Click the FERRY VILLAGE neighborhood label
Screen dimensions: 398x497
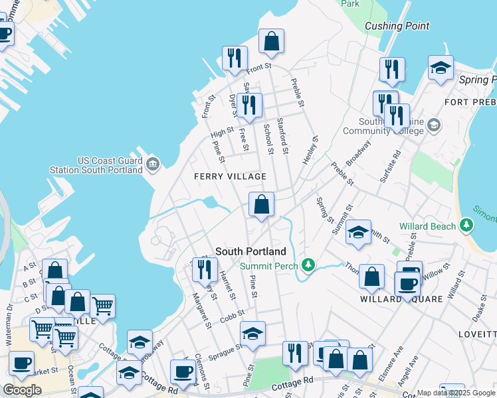(230, 176)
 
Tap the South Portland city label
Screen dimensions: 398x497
(250, 251)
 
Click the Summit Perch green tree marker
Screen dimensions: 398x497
(307, 266)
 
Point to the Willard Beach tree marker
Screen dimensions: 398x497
(467, 226)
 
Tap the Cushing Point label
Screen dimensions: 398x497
(397, 27)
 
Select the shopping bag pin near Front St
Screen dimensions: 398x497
(271, 41)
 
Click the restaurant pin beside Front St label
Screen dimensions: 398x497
(234, 58)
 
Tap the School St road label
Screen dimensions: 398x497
(268, 139)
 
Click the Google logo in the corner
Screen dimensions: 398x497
(22, 390)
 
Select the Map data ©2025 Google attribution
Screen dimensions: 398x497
(456, 393)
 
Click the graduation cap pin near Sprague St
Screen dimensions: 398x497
(252, 334)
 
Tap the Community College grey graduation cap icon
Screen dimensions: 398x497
(433, 125)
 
